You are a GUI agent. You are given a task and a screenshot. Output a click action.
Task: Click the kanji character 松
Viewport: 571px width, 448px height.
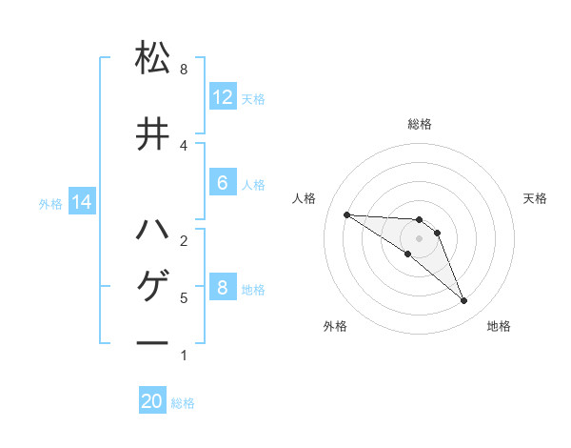point(152,59)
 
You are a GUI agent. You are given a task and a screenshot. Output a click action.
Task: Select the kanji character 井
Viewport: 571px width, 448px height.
point(152,134)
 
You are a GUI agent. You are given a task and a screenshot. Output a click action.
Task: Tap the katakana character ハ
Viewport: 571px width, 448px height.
point(152,230)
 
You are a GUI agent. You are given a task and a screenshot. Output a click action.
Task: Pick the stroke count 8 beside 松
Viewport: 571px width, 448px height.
point(183,70)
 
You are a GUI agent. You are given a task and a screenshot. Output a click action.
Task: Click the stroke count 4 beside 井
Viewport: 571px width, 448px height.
point(183,145)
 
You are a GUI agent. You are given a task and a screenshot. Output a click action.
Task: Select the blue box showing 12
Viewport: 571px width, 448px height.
point(223,97)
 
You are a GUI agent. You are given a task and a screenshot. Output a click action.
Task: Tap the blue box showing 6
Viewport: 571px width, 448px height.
point(223,183)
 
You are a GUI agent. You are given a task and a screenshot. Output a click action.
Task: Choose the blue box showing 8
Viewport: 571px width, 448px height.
point(223,288)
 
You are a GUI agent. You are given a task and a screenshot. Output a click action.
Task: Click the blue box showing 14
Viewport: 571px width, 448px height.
point(82,202)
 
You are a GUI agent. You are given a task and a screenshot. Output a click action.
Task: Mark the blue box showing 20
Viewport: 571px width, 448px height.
point(152,401)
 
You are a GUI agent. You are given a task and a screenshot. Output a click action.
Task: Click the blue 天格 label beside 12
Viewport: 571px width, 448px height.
point(253,99)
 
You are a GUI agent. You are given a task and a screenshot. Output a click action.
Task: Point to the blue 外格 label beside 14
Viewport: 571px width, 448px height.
point(50,203)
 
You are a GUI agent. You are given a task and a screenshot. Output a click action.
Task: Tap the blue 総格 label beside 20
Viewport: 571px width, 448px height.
point(183,403)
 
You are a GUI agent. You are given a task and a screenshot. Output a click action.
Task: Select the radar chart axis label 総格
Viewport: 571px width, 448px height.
point(420,124)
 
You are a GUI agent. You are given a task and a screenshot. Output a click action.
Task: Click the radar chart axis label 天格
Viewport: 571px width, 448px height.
point(536,198)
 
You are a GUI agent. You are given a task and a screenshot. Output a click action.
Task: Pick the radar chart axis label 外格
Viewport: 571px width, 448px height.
point(335,326)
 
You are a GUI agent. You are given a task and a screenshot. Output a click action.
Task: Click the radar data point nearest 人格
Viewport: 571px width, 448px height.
point(346,214)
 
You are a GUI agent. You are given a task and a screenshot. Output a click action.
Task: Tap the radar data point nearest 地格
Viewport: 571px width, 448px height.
point(463,301)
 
